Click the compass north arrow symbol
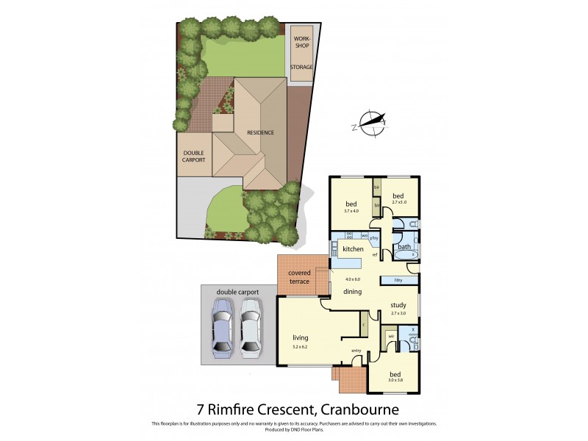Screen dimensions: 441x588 372,122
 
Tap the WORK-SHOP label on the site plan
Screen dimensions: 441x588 302,41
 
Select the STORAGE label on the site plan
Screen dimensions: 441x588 301,68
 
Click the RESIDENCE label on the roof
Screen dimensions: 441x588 260,133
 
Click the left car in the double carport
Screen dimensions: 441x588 221,323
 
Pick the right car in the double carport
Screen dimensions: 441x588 251,323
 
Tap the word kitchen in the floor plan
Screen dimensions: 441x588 353,250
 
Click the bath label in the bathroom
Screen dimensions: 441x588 404,247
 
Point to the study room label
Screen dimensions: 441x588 398,305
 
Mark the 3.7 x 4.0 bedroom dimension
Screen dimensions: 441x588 352,211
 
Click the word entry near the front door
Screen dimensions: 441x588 356,351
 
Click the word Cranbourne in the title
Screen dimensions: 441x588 356,408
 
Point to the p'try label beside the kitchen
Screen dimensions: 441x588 373,238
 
